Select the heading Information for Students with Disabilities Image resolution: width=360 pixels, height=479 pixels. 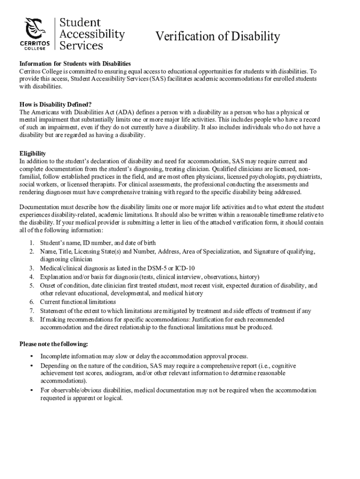point(75,64)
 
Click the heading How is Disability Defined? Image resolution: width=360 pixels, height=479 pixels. point(55,104)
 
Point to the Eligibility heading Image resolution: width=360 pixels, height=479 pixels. point(32,153)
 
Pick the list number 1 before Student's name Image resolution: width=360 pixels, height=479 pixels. point(31,243)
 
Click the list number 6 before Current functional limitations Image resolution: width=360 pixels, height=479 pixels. point(31,302)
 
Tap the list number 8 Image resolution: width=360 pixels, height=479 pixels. point(31,319)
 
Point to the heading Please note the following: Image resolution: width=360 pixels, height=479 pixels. point(53,344)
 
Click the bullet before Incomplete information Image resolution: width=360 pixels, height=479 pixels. point(31,356)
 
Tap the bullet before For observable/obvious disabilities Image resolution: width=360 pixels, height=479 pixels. point(31,390)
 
